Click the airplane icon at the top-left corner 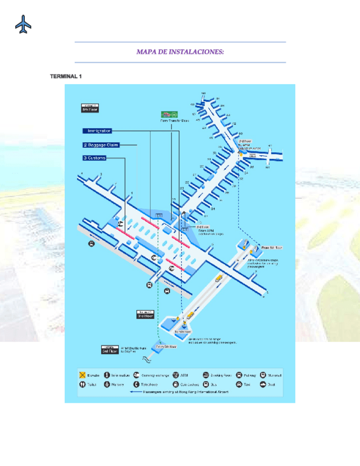(x=23, y=24)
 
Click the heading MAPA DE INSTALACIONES (x=180, y=52)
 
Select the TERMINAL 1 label (x=65, y=76)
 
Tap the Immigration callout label (x=98, y=131)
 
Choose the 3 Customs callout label (x=94, y=158)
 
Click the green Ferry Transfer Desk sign (x=169, y=115)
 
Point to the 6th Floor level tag (x=90, y=108)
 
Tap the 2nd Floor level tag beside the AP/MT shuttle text (x=109, y=349)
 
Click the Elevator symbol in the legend (x=81, y=375)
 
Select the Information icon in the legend (x=107, y=375)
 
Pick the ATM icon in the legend (x=176, y=375)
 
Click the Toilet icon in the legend (x=81, y=385)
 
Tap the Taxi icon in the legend (x=239, y=385)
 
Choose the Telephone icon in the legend (x=136, y=385)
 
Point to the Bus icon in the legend (x=206, y=385)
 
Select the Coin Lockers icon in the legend (x=176, y=385)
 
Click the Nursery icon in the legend (x=107, y=385)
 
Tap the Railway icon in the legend (x=239, y=375)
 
